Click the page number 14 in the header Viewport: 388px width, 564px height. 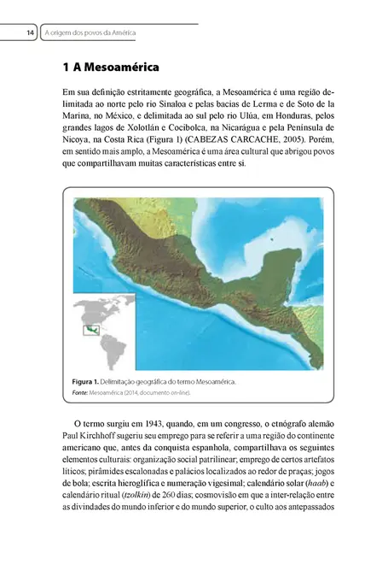tap(30, 32)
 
